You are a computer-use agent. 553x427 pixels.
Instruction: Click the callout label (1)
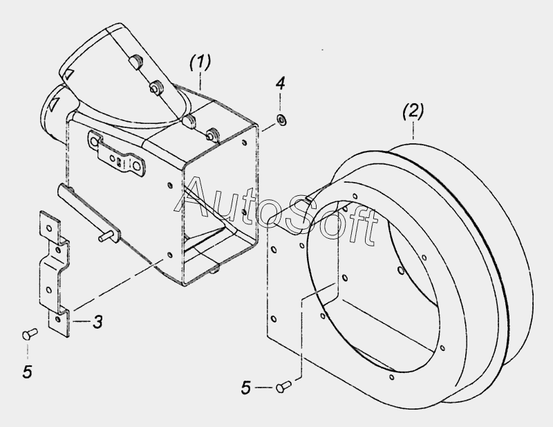[200, 62]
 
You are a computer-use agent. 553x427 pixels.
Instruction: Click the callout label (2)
[413, 112]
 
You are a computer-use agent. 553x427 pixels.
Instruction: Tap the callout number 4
[281, 83]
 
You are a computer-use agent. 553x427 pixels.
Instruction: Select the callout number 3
[97, 322]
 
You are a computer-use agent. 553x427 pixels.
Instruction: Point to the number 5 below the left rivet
[28, 372]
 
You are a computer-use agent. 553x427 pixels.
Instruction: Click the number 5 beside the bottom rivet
[246, 388]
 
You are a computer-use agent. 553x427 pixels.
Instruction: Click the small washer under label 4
[281, 119]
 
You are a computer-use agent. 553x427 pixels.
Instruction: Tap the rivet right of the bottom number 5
[283, 386]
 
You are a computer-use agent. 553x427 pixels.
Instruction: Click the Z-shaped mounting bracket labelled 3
[55, 272]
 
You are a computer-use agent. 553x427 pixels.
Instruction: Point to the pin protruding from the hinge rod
[106, 236]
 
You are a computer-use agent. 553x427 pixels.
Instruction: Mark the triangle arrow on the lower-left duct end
[53, 104]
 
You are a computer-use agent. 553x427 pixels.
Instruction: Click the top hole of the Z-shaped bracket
[49, 228]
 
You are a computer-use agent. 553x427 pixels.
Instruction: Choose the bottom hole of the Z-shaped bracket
[58, 319]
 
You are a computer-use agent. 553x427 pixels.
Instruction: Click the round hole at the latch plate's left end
[94, 143]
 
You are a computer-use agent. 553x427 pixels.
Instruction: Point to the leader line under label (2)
[413, 131]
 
